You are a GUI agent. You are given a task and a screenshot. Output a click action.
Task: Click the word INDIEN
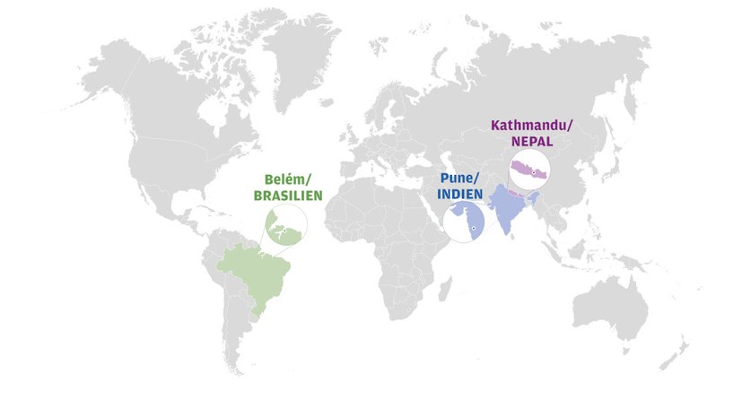460,193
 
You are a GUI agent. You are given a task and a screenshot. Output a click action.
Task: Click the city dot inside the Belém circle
284,230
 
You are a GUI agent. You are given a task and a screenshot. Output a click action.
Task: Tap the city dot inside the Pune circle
472,230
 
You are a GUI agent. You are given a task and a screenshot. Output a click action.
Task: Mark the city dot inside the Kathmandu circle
533,170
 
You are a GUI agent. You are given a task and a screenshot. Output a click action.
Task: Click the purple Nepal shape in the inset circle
526,170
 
